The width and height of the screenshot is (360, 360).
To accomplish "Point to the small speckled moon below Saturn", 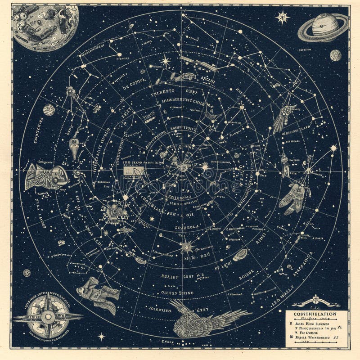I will coord(336,55).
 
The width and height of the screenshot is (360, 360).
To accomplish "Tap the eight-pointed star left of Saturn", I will coord(283,18).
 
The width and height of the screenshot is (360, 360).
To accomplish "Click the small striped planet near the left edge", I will coord(49,109).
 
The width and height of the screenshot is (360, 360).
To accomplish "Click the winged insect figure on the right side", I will coord(295,196).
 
